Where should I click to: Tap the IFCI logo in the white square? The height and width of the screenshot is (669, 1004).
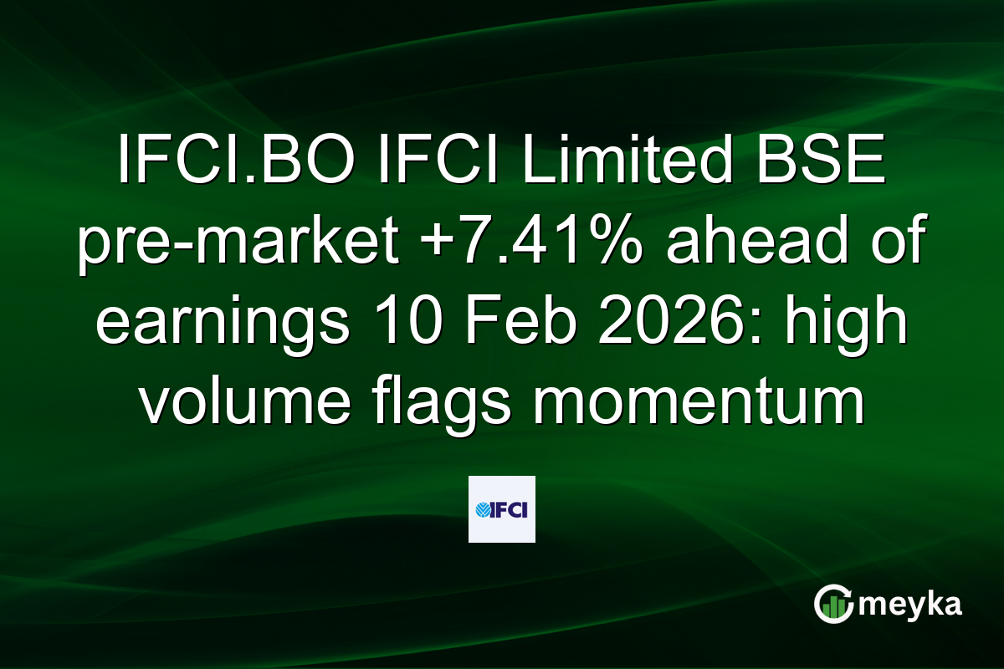click(x=502, y=509)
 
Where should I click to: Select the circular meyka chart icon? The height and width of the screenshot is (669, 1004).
click(x=833, y=605)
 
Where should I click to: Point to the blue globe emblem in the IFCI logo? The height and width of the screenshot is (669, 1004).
click(x=484, y=510)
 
